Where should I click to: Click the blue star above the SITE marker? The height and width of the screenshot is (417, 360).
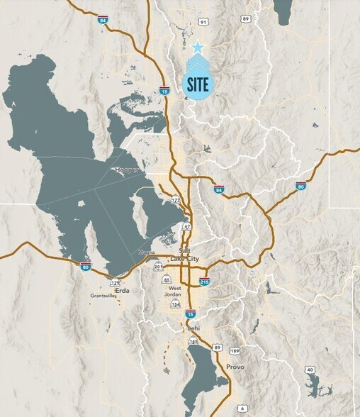point(198,48)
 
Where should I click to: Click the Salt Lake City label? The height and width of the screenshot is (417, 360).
point(187,256)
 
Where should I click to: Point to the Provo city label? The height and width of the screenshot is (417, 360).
point(235,367)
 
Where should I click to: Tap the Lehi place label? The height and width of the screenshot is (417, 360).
point(192,329)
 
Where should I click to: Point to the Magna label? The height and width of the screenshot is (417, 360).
point(146,252)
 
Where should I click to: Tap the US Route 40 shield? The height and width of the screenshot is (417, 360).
point(310,369)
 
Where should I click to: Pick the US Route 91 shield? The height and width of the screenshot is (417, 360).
point(203,23)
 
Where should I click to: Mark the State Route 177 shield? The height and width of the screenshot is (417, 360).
point(174,202)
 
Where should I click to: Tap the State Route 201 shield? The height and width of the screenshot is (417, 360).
point(159,267)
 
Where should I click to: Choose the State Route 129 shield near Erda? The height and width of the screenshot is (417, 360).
point(114,282)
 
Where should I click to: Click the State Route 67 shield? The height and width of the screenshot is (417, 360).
point(186,226)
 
